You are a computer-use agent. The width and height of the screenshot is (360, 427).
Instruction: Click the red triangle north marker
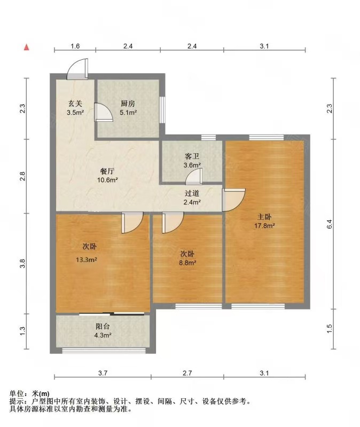(x=26, y=47)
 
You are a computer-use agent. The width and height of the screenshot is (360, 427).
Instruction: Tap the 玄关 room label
(x=75, y=104)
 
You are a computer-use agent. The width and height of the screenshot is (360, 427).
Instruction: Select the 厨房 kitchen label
(x=128, y=104)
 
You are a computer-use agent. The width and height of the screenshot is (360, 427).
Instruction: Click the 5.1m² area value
(x=128, y=112)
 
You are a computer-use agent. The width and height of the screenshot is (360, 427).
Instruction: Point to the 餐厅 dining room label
(x=107, y=171)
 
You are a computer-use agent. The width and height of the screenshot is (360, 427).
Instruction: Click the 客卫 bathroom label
(x=192, y=156)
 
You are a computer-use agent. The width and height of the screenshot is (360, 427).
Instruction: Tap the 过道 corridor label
(x=192, y=193)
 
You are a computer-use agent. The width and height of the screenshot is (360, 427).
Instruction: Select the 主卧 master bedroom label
(x=264, y=217)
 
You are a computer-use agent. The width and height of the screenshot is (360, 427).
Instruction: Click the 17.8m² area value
(x=264, y=226)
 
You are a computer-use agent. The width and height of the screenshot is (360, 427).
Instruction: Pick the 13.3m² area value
(x=87, y=260)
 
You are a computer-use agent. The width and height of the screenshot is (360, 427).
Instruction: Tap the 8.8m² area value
(x=188, y=263)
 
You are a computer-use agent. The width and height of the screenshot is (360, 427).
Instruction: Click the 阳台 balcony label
(x=103, y=326)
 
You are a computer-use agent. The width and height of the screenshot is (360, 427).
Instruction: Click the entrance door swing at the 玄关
(x=77, y=69)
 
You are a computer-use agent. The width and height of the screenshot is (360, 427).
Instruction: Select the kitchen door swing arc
(x=104, y=112)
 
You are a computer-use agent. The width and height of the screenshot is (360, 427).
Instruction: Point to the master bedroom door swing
(x=234, y=200)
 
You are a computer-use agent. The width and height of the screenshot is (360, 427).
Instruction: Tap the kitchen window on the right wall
(x=162, y=110)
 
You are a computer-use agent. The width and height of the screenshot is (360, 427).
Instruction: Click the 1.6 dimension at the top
(x=75, y=46)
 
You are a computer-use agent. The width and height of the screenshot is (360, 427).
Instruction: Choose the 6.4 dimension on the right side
(x=330, y=224)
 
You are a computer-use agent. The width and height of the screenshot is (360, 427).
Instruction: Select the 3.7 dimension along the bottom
(x=103, y=373)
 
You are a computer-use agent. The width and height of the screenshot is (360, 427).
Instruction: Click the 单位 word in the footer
(x=17, y=393)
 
